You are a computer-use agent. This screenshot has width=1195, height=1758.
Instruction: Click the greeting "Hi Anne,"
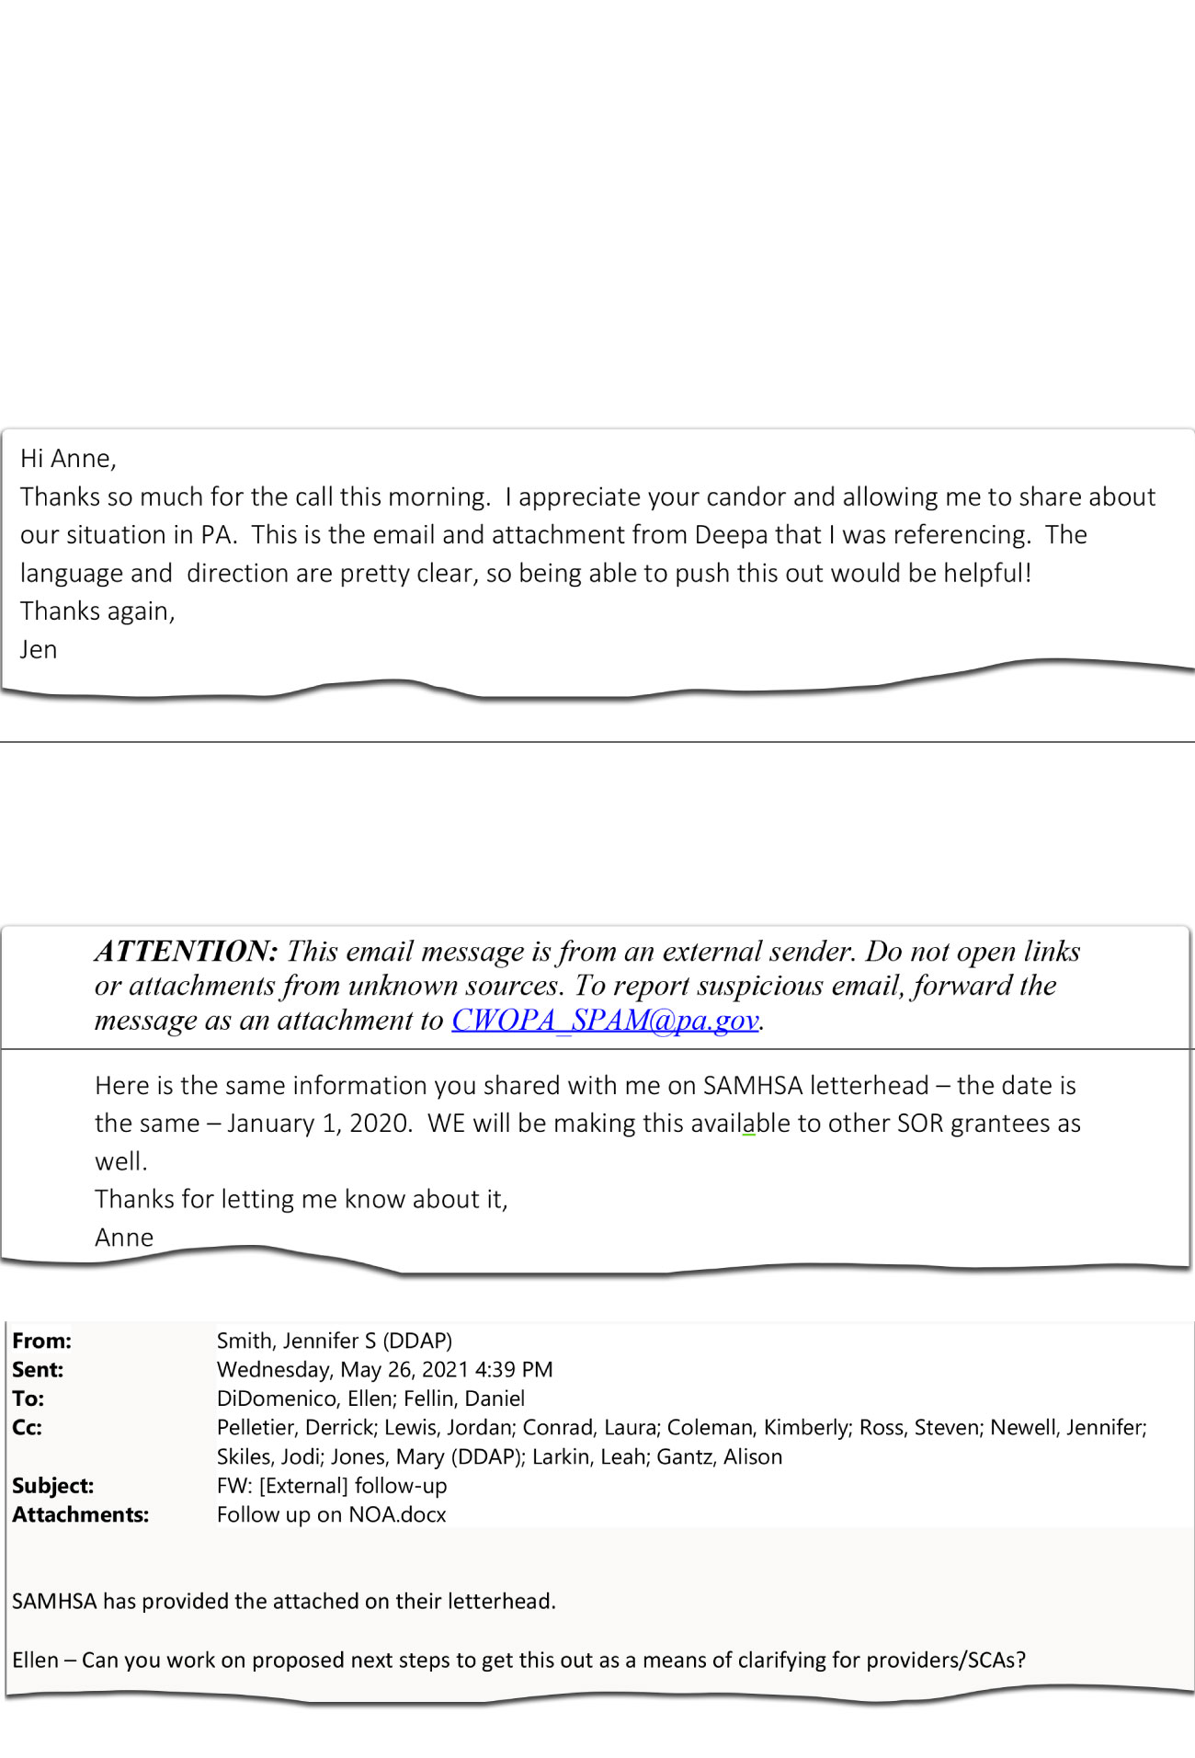pos(68,458)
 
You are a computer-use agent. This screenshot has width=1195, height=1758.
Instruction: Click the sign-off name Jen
pos(39,649)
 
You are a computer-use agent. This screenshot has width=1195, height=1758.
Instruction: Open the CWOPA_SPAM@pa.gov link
pos(605,1020)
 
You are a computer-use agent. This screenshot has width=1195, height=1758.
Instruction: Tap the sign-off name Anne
pos(124,1237)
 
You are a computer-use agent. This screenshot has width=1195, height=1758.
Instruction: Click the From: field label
pos(41,1341)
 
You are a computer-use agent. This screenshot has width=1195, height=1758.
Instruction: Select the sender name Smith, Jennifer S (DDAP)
pos(335,1341)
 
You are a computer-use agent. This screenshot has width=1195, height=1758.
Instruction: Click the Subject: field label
pos(52,1485)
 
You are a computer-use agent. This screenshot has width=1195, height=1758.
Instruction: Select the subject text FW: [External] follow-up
pos(332,1485)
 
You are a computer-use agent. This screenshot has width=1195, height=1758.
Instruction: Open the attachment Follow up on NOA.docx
pos(331,1514)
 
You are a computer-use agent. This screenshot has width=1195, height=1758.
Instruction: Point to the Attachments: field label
pos(80,1514)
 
